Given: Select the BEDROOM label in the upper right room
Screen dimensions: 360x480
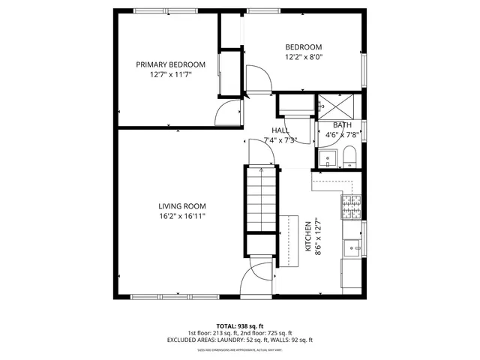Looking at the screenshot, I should [303, 46].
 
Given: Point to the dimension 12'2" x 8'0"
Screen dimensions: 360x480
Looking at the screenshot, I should [303, 56].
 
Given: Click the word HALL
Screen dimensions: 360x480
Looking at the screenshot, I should [280, 130].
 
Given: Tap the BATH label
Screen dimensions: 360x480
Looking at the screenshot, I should [342, 125].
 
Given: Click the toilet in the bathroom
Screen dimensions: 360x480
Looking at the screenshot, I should [349, 157].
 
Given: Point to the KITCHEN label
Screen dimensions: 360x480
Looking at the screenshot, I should [307, 234].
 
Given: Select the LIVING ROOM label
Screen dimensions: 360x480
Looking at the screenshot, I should [181, 206].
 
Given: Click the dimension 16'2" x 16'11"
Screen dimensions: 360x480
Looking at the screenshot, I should [181, 216].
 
